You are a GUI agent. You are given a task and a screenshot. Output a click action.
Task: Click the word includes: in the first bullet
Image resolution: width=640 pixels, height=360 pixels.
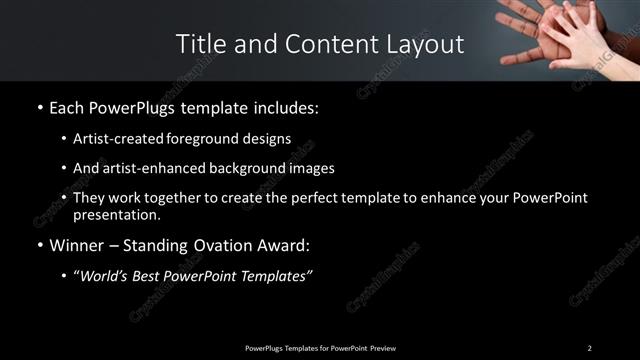(285, 107)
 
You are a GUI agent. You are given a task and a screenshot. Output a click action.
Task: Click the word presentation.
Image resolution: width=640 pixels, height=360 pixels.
(117, 214)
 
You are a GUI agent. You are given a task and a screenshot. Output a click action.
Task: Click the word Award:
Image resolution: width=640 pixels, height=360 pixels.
(288, 244)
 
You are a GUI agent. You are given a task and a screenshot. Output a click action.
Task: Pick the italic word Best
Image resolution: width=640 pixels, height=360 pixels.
(153, 275)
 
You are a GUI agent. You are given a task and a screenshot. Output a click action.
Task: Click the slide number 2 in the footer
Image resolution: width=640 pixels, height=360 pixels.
(589, 347)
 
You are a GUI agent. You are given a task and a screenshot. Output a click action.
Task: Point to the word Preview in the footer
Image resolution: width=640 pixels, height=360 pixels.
(381, 347)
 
